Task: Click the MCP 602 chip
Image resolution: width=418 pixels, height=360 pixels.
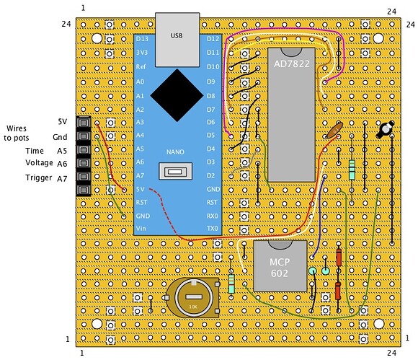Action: click(x=279, y=266)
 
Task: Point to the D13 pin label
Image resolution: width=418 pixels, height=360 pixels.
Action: click(x=143, y=38)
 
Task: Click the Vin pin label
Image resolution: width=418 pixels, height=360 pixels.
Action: click(x=141, y=229)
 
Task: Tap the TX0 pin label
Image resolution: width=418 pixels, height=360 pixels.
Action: click(x=213, y=229)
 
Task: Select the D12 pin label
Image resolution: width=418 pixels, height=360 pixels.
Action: click(x=213, y=38)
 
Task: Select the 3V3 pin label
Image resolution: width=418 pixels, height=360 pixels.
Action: click(x=142, y=52)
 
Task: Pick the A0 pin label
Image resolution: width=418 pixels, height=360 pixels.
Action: click(x=141, y=82)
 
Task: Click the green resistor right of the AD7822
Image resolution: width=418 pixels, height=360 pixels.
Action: click(x=352, y=170)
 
